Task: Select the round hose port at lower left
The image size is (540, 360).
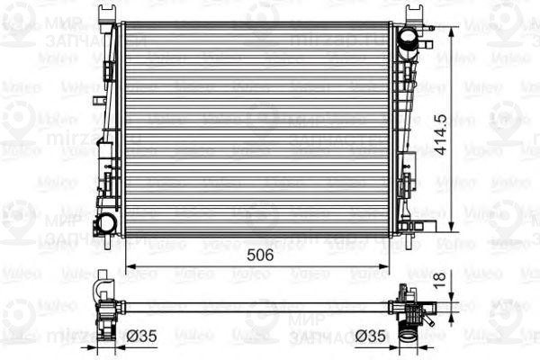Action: (x=106, y=222)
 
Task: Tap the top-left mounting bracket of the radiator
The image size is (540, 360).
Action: (x=109, y=13)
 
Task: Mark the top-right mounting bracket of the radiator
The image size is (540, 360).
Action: (x=416, y=13)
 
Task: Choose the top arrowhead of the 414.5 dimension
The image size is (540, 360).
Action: (x=452, y=29)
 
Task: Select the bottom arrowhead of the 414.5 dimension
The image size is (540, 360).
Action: (x=452, y=230)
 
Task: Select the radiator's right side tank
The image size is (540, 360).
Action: (x=404, y=126)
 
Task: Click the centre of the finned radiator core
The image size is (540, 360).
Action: (x=257, y=129)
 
